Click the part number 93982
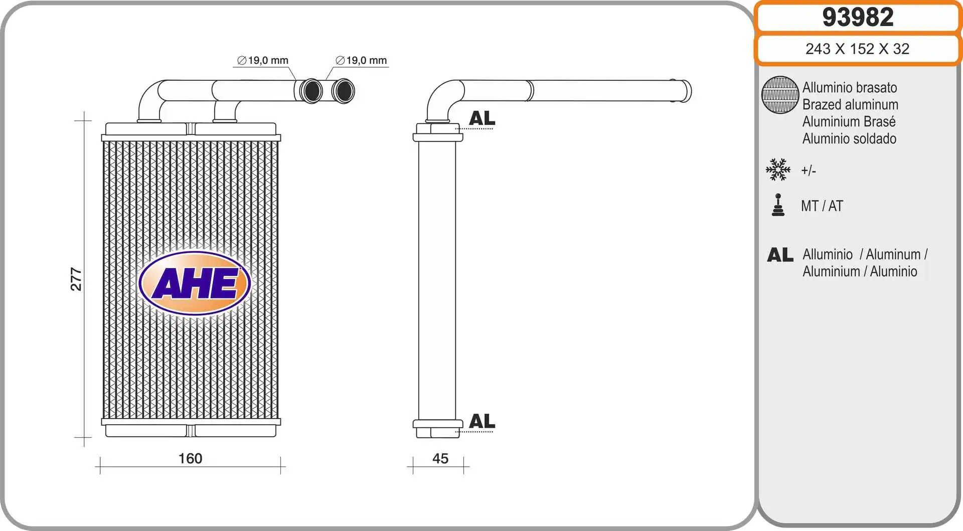click(858, 18)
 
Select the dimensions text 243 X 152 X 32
click(857, 49)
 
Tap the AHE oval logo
click(195, 284)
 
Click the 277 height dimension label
click(76, 279)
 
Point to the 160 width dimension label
click(190, 458)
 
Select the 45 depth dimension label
click(440, 458)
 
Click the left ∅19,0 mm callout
click(263, 61)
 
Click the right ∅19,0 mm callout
click(361, 61)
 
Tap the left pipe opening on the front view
click(311, 91)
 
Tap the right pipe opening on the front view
click(344, 91)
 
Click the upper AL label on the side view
click(481, 118)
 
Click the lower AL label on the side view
click(481, 421)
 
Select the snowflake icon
click(778, 170)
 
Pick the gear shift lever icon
click(778, 205)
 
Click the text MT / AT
click(822, 206)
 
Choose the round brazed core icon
click(780, 95)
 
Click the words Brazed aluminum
click(850, 104)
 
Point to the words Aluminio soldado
click(849, 139)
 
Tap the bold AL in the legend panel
click(780, 255)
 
